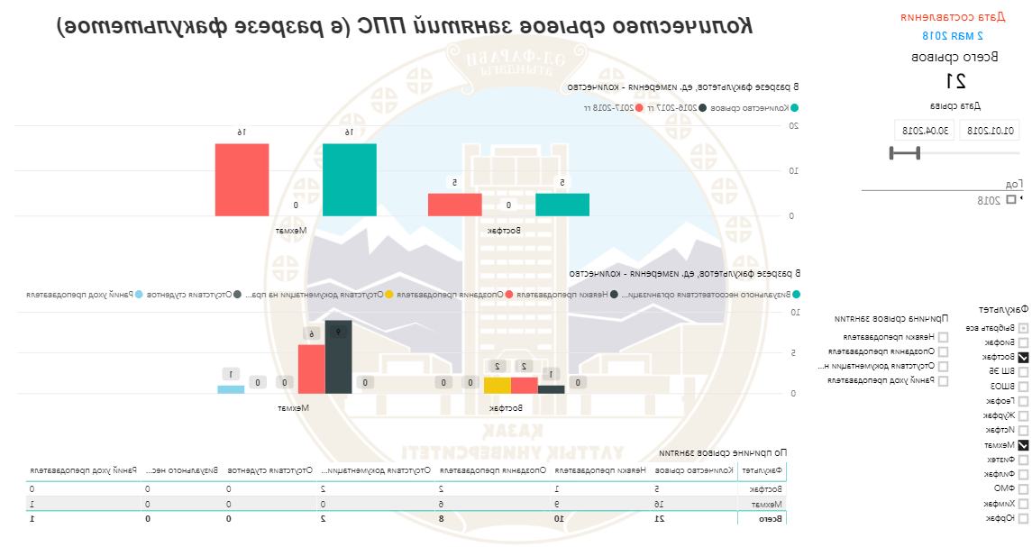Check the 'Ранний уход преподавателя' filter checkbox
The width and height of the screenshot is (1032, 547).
(943, 381)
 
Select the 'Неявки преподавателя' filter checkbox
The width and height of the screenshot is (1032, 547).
(943, 337)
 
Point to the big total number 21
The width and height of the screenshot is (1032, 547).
(959, 81)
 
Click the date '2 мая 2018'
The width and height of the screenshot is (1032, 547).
(953, 36)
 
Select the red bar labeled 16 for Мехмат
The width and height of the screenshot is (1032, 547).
(242, 179)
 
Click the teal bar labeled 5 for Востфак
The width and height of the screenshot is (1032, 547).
(562, 205)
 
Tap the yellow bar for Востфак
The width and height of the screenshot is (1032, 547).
(498, 386)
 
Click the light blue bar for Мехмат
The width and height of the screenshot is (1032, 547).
(231, 389)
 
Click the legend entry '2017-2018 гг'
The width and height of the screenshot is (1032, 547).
(613, 107)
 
